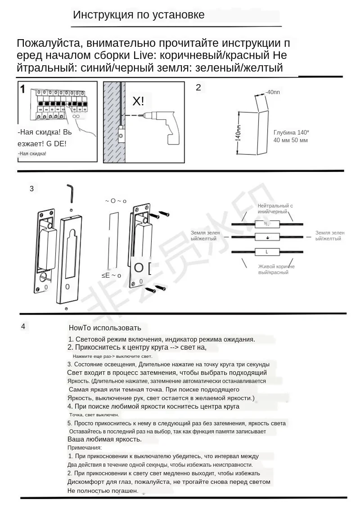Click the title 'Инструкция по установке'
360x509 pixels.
click(x=139, y=15)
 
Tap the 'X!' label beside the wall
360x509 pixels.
click(x=139, y=101)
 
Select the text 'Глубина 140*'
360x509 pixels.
click(x=291, y=132)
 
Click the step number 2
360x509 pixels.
click(x=198, y=87)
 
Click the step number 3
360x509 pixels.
click(x=31, y=189)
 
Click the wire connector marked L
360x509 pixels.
click(x=267, y=252)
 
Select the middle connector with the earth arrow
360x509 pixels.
click(x=267, y=237)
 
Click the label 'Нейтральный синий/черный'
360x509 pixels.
click(x=275, y=208)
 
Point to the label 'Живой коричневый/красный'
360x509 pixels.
click(x=276, y=269)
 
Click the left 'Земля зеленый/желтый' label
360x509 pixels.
click(x=205, y=235)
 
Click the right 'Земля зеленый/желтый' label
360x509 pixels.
click(x=330, y=235)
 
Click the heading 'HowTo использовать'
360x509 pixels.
click(x=105, y=328)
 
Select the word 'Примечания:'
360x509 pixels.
click(x=85, y=447)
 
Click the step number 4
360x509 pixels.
click(x=23, y=326)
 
